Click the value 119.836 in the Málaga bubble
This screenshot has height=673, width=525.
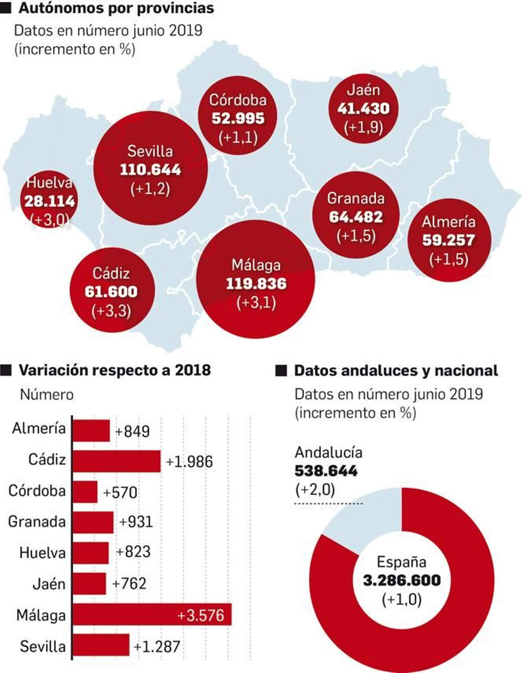coord(256,284)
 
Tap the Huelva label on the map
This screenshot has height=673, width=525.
coord(49,182)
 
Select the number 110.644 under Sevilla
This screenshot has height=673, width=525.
coord(150,170)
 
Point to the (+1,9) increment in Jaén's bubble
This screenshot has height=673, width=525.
coord(363,127)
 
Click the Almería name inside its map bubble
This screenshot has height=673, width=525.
coord(449,222)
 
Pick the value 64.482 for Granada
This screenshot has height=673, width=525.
coord(356,217)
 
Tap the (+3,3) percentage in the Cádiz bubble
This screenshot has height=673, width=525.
coord(111,310)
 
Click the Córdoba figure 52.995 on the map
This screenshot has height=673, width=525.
coord(238,118)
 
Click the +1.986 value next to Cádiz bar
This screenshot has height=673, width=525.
coord(189,462)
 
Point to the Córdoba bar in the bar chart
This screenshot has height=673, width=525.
coord(85,492)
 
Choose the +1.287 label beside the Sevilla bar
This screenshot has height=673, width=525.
coord(157,646)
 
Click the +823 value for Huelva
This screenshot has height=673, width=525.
coord(133,552)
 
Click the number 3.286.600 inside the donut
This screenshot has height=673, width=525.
coord(402,580)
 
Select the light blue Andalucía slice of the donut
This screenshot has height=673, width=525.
coord(367,522)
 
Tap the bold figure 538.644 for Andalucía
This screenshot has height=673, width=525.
coord(325,471)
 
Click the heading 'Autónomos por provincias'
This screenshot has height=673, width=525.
coord(116,8)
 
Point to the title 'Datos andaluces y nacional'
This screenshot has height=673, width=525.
coord(396,371)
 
